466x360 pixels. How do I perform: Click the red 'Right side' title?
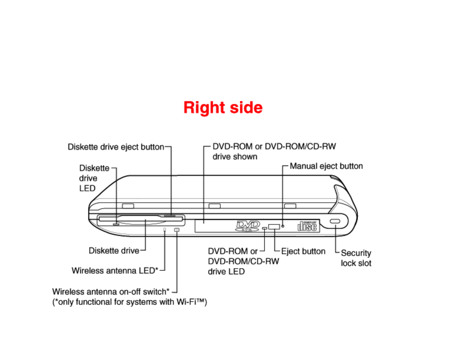point(223,107)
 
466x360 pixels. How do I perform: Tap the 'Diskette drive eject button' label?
point(116,147)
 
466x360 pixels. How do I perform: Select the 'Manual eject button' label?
point(326,166)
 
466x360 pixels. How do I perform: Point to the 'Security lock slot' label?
point(356,258)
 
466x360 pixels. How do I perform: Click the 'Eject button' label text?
point(303,251)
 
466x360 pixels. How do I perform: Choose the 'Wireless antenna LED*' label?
point(115,271)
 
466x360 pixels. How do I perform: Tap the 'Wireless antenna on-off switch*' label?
point(111,291)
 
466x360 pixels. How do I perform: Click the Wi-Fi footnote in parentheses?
point(129,302)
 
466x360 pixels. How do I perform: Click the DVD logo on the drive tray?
point(248,226)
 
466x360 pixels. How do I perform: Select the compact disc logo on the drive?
point(307,226)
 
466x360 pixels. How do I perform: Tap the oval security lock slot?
point(335,221)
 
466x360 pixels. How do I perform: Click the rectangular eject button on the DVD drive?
point(274,226)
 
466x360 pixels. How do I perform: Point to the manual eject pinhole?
point(283,226)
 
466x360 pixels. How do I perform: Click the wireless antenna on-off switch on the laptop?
point(177,229)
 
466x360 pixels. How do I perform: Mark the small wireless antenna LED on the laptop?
point(164,229)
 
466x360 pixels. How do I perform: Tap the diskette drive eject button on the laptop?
point(170,216)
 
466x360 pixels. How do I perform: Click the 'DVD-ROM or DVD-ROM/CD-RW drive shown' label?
point(274,151)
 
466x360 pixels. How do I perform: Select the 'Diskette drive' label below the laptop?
point(114,251)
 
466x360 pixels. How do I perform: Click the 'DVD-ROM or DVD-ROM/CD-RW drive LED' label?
point(243,261)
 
